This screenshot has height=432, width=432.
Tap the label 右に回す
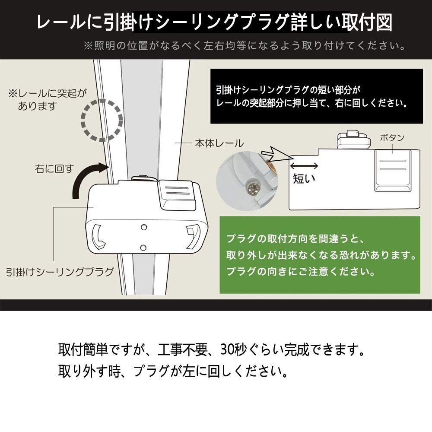pos(55,168)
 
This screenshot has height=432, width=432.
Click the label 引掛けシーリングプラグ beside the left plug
pos(60,272)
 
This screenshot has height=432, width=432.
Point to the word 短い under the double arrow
pos(304,178)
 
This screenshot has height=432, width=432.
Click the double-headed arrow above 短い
pos(304,165)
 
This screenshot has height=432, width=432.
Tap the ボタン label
pos(392,138)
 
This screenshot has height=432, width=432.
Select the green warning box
pos(321,255)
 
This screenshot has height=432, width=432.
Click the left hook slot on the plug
pos(98,237)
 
